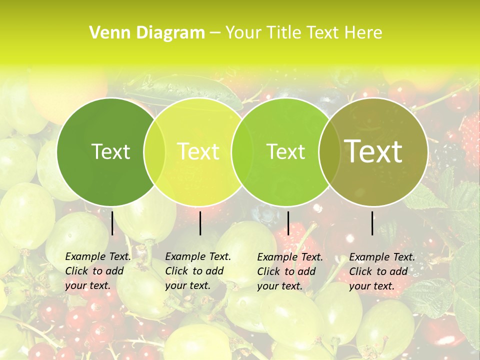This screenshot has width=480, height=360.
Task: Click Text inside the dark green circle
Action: (x=110, y=151)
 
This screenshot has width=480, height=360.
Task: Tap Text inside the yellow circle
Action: (x=198, y=151)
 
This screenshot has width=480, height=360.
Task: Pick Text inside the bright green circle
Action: (x=285, y=151)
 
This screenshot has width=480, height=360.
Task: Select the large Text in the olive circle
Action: (x=373, y=151)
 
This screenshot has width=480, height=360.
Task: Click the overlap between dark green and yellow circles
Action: (x=154, y=152)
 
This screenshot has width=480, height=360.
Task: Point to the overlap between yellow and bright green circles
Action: (x=242, y=152)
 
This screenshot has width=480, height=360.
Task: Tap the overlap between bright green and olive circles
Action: (x=329, y=152)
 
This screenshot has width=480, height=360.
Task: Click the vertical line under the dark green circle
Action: (x=112, y=223)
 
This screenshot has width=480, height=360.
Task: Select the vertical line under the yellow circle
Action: (x=200, y=223)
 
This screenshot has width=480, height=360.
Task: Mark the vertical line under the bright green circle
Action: (x=288, y=223)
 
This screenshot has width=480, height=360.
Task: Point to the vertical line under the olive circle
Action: (x=372, y=223)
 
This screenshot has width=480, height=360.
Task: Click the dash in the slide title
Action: (x=215, y=33)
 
